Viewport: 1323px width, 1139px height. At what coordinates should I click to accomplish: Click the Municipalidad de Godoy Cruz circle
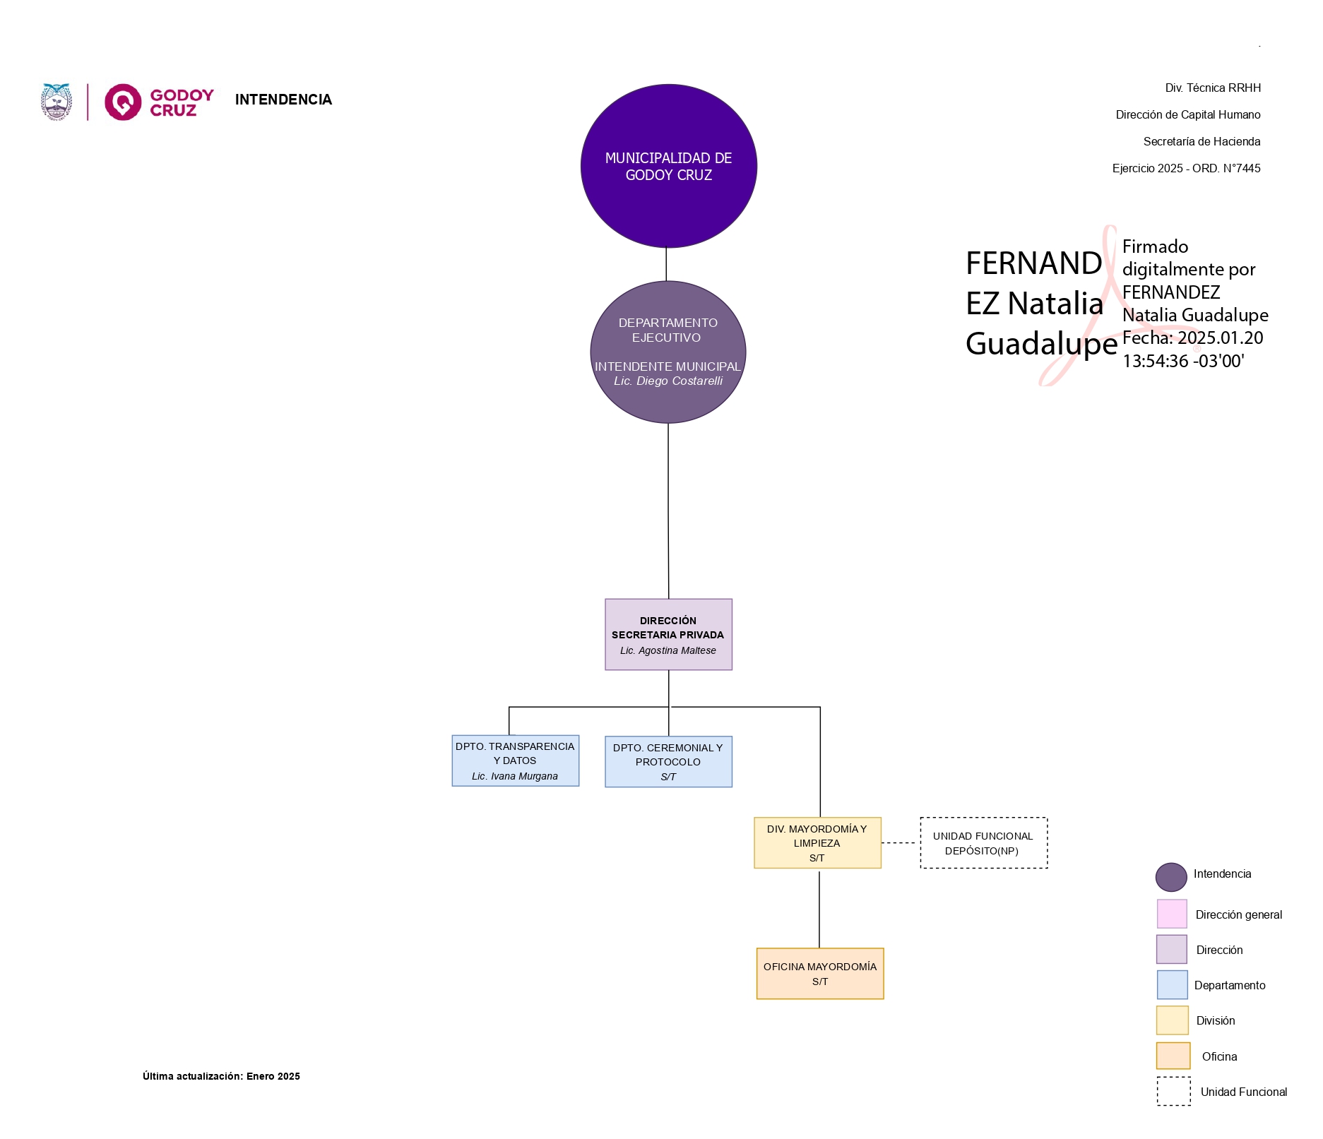668,166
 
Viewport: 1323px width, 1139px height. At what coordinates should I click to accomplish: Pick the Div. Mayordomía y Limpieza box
817,842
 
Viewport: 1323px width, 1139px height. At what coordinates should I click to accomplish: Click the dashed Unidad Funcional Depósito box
983,843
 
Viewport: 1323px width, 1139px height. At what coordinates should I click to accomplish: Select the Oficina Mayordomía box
819,973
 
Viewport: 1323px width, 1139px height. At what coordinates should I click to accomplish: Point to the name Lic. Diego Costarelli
668,381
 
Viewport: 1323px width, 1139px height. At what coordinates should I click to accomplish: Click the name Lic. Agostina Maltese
668,650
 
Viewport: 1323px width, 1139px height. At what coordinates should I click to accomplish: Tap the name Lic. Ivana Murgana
515,776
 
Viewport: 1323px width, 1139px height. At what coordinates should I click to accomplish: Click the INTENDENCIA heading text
283,100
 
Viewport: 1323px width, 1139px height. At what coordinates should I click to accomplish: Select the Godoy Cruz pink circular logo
123,102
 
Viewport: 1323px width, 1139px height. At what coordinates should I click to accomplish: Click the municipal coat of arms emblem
57,102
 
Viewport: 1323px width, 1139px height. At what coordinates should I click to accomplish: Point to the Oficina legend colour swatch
1173,1056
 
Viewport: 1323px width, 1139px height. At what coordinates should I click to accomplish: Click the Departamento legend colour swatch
1172,984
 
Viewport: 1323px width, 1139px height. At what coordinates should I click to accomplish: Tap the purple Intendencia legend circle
1170,876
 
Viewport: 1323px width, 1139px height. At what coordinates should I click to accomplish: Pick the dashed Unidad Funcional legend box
1173,1091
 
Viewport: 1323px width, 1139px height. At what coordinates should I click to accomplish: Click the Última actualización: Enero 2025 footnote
221,1076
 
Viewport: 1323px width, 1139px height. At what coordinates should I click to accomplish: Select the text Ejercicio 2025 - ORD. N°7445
1186,168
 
